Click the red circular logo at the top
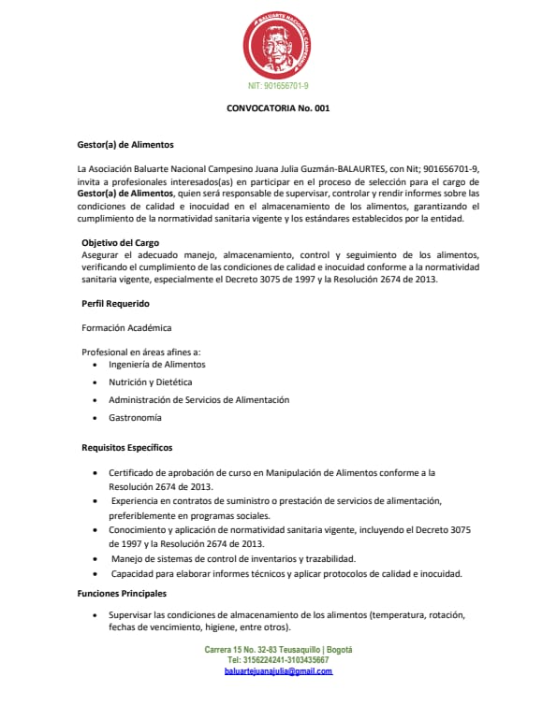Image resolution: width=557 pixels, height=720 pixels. tap(277, 46)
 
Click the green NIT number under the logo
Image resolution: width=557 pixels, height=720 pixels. tap(278, 86)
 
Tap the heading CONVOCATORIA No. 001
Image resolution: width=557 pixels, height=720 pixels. tap(278, 108)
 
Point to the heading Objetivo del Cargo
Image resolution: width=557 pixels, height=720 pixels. tap(121, 243)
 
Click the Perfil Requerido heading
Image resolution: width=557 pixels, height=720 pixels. tap(115, 304)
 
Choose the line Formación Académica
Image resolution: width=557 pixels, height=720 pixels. tap(126, 327)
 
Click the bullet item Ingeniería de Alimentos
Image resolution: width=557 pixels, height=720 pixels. tap(156, 364)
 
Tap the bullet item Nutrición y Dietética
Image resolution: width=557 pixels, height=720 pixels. tap(150, 382)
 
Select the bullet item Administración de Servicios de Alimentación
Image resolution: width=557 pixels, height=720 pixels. tap(198, 399)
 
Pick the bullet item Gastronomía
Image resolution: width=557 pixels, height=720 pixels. tap(135, 417)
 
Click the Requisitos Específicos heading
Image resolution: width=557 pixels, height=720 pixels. tap(126, 448)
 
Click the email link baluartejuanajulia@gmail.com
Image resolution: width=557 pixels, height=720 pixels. tap(278, 671)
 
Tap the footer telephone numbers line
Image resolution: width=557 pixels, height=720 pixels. tap(278, 660)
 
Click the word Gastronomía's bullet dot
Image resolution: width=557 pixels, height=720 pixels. tap(98, 418)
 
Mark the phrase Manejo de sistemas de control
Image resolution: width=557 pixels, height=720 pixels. tap(169, 559)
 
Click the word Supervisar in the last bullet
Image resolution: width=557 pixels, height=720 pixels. tap(130, 614)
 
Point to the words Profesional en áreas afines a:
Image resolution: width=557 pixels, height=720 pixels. tap(135, 351)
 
